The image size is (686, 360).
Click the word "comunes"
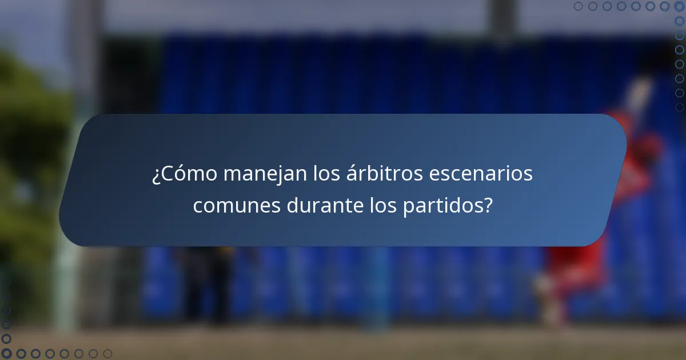coord(237,205)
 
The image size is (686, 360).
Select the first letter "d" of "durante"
coord(292,205)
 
